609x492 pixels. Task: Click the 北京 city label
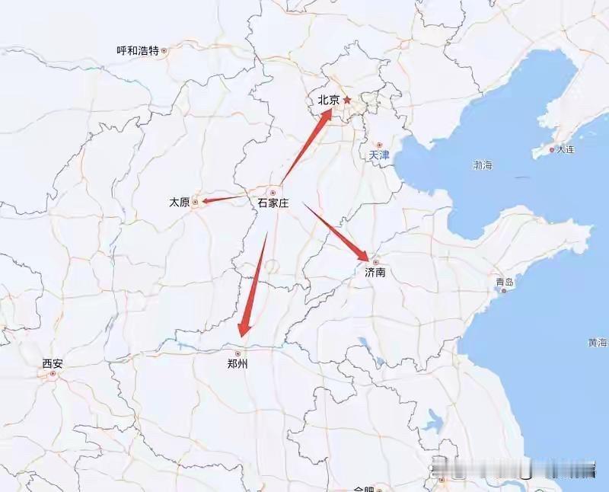(x=328, y=100)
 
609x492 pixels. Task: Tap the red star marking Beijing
(x=346, y=100)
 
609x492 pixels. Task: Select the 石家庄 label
(x=273, y=203)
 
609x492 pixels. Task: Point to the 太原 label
(x=179, y=203)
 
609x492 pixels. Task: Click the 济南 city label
(x=375, y=272)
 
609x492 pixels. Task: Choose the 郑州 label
(x=238, y=364)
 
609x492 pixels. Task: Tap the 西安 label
(x=53, y=364)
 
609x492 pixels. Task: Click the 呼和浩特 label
(x=137, y=50)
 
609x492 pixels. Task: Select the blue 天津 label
(x=378, y=155)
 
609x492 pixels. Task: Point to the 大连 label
(x=565, y=149)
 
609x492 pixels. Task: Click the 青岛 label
(x=505, y=282)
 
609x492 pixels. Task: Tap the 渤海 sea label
(x=483, y=165)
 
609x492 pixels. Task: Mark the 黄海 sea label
(x=598, y=342)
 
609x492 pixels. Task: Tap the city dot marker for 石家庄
(x=273, y=193)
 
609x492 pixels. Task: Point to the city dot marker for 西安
(x=53, y=374)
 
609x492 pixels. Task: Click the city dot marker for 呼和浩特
(x=164, y=50)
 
